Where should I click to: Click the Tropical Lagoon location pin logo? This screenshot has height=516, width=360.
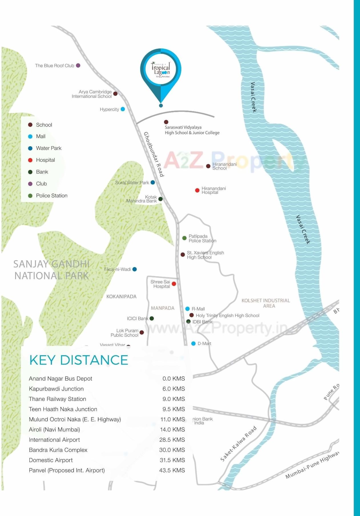161,70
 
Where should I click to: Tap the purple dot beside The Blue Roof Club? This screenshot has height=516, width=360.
78,66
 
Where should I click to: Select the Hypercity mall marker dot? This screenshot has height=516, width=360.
123,109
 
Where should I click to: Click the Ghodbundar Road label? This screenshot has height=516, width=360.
154,154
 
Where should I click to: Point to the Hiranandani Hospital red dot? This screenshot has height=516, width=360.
197,190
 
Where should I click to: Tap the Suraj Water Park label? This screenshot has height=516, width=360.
132,183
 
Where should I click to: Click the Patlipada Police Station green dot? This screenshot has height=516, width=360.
184,238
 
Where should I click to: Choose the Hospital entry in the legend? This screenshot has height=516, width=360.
45,160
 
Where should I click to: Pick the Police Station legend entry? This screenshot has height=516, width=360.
52,196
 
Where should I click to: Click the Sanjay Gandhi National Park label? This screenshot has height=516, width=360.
51,270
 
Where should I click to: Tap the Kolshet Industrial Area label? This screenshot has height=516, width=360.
266,303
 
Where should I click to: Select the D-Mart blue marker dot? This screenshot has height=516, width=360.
193,344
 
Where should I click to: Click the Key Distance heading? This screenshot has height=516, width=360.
79,360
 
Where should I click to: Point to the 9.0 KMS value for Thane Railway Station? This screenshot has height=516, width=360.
174,399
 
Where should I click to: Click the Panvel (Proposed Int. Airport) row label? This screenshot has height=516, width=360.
67,470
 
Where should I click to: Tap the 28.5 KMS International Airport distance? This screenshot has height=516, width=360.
172,440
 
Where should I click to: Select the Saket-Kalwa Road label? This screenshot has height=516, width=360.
238,444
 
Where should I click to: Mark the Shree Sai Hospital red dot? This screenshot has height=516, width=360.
174,284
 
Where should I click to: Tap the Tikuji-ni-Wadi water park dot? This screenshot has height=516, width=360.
135,269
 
